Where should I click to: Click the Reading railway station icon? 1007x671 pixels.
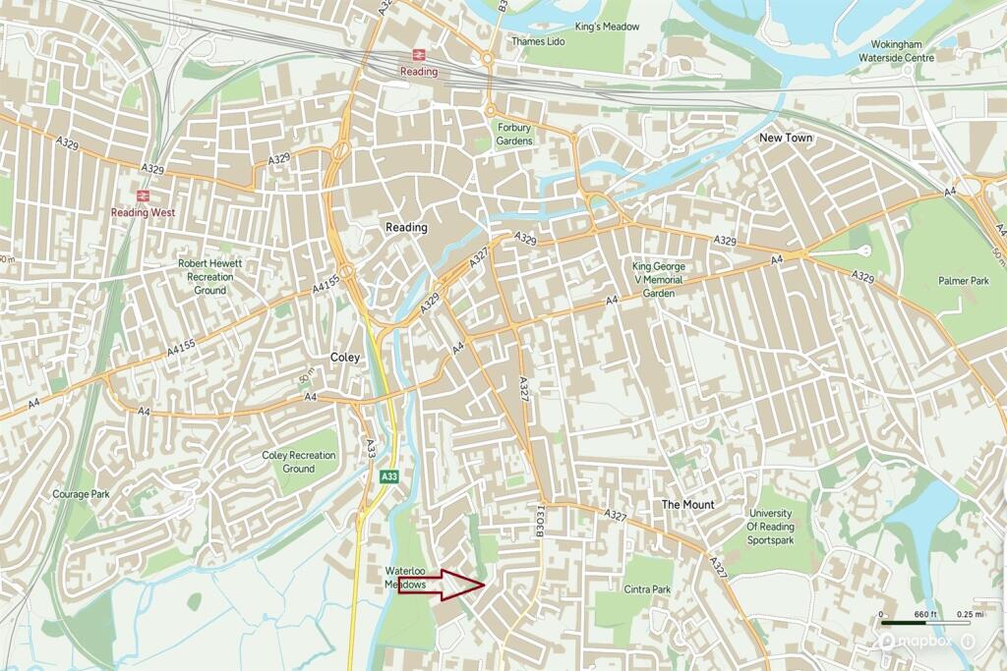[x=418, y=56]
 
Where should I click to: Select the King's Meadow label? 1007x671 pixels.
[x=608, y=27]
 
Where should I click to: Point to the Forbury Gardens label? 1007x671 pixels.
[x=513, y=134]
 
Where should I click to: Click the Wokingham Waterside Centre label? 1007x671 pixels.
[x=908, y=50]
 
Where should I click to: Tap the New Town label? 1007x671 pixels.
[x=786, y=139]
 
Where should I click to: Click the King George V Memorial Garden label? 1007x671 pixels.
[x=659, y=279]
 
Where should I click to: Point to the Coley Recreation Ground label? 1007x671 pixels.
[x=299, y=462]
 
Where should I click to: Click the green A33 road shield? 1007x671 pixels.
[x=390, y=476]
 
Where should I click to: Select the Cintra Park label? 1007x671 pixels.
[x=647, y=589]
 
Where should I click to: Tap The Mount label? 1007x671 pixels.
[x=687, y=504]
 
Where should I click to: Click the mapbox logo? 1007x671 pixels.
[x=918, y=641]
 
